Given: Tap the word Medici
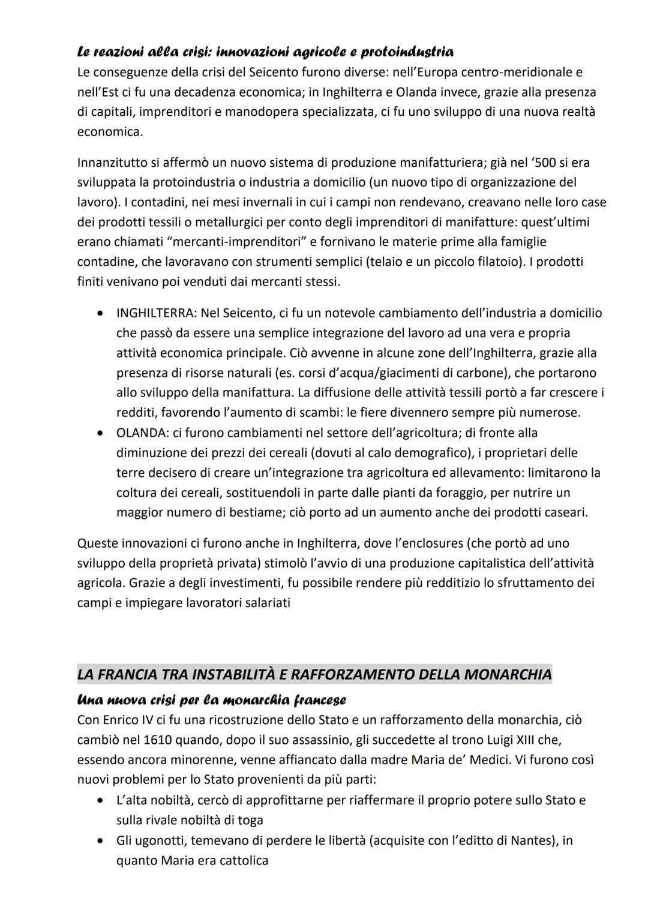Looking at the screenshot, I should tap(487, 760).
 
